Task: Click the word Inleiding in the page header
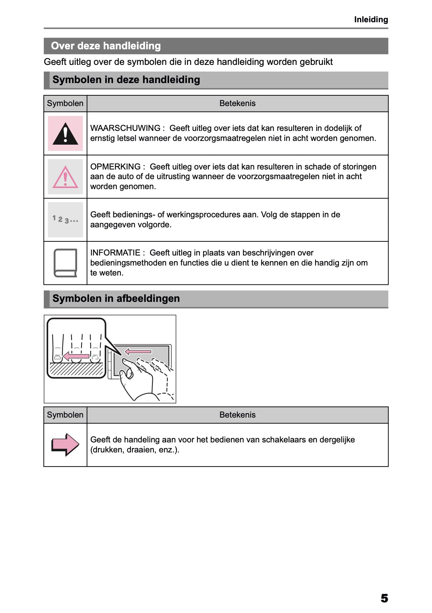pyautogui.click(x=371, y=20)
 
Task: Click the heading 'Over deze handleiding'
pyautogui.click(x=106, y=46)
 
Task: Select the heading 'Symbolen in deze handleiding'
pyautogui.click(x=126, y=80)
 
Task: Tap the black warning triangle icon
pyautogui.click(x=65, y=134)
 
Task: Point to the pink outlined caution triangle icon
pyautogui.click(x=65, y=177)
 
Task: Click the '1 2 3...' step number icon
pyautogui.click(x=65, y=220)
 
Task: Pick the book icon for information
pyautogui.click(x=65, y=263)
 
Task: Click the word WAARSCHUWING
pyautogui.click(x=125, y=128)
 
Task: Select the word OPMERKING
pyautogui.click(x=115, y=167)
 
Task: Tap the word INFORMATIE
pyautogui.click(x=115, y=253)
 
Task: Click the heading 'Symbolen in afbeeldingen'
pyautogui.click(x=116, y=299)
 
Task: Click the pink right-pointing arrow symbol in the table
pyautogui.click(x=65, y=444)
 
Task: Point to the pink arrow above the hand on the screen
pyautogui.click(x=138, y=351)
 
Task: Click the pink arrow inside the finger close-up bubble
pyautogui.click(x=76, y=356)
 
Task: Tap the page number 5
pyautogui.click(x=384, y=598)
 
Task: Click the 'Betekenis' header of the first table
pyautogui.click(x=237, y=103)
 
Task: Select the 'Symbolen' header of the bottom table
pyautogui.click(x=65, y=415)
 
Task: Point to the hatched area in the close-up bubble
pyautogui.click(x=76, y=369)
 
